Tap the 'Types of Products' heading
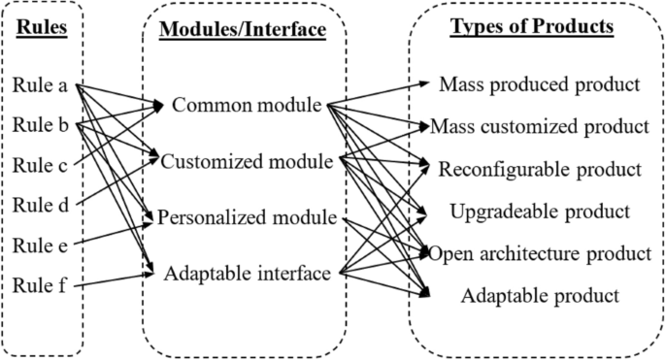tap(531, 26)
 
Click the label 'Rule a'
tap(40, 85)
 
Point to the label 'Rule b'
tap(40, 125)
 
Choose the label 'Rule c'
tap(40, 165)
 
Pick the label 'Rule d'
tap(40, 205)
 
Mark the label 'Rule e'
tap(40, 245)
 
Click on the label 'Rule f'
tap(40, 284)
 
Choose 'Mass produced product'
tap(539, 84)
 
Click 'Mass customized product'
tap(539, 126)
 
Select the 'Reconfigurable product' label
tap(539, 169)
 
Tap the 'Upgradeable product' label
tap(539, 211)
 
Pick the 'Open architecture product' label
tap(539, 253)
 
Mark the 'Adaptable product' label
tap(539, 295)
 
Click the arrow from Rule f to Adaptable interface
tap(112, 280)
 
